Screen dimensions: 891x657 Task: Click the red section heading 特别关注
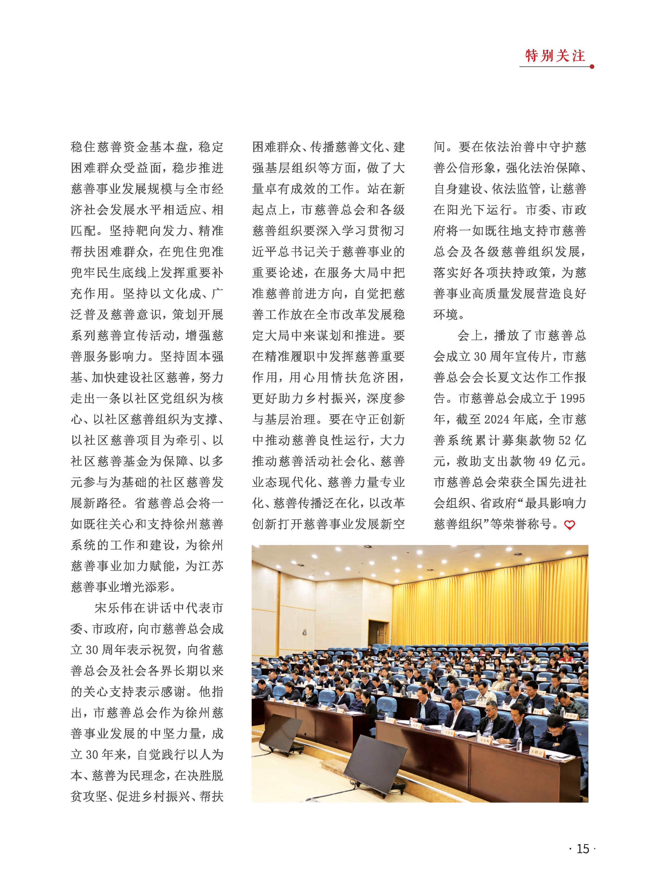tap(555, 56)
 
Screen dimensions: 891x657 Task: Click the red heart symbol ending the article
tap(570, 525)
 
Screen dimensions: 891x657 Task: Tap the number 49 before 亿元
tap(545, 461)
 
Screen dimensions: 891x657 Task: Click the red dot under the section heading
tap(592, 67)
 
